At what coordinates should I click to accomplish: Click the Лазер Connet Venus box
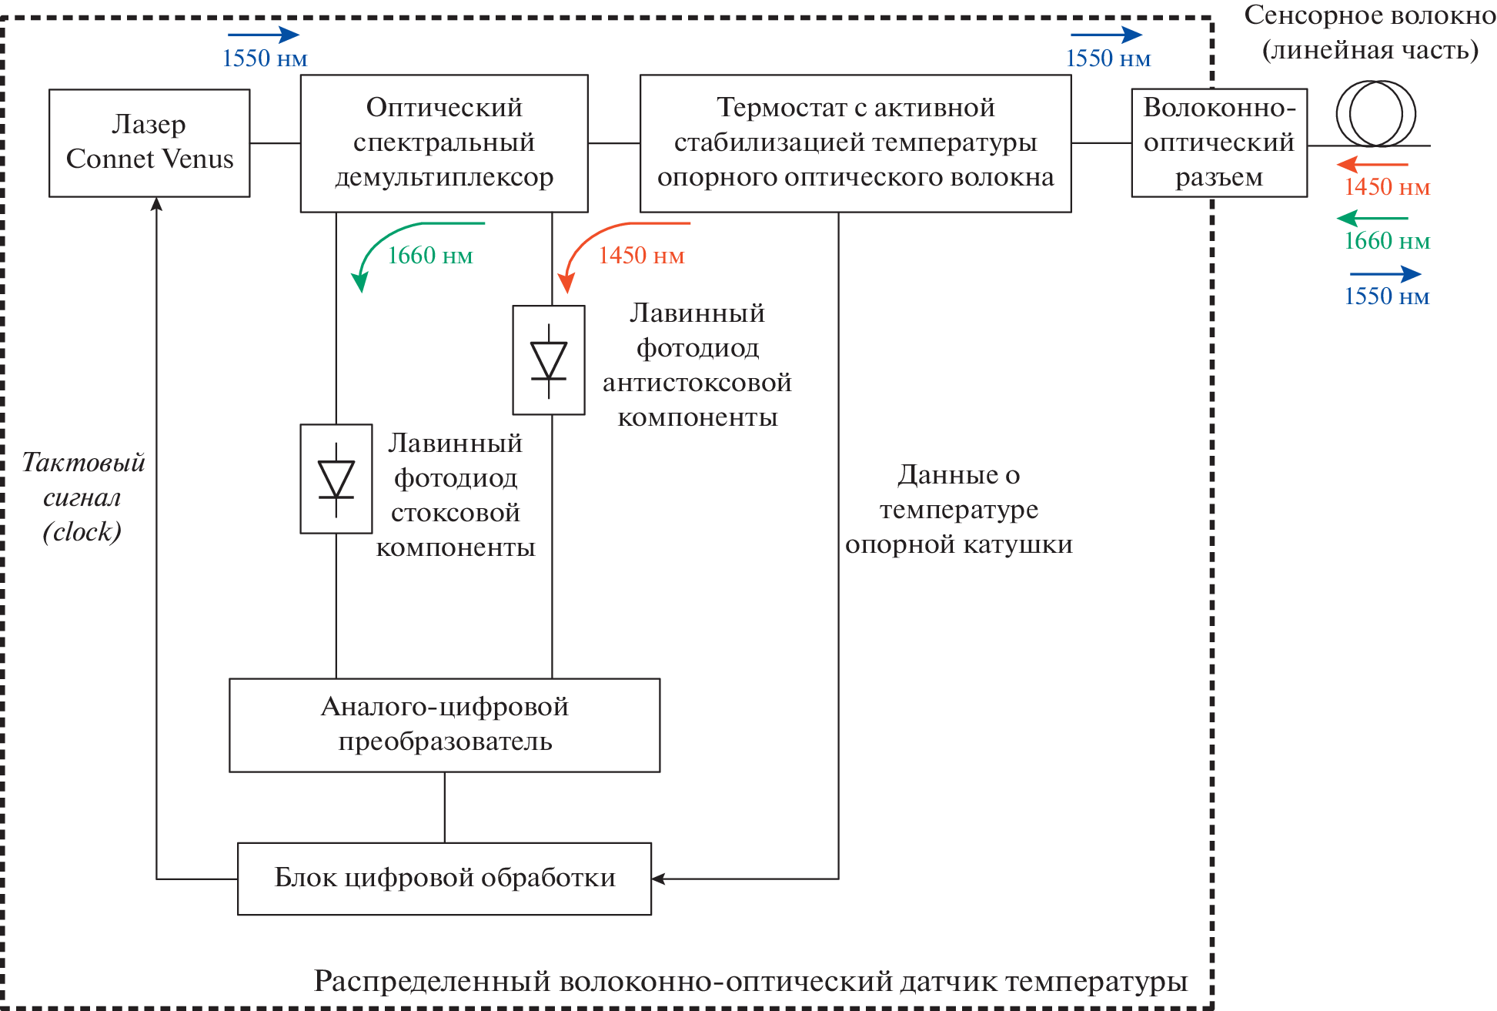pos(149,143)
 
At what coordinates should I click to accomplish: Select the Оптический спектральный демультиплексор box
pos(444,143)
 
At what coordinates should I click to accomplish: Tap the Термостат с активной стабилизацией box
pos(855,143)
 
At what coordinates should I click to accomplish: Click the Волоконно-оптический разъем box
pos(1219,143)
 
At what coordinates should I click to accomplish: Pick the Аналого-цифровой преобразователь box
pos(445,725)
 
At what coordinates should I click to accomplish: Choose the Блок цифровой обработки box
pos(445,879)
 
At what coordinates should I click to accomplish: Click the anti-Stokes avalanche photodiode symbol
pos(549,360)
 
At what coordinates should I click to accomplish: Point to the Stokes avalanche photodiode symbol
pos(336,478)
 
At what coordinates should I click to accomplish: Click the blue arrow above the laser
pos(263,35)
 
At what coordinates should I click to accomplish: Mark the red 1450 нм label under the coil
pos(1387,187)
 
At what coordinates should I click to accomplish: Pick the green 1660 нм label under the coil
pos(1387,242)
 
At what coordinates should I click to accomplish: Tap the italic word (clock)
pos(82,532)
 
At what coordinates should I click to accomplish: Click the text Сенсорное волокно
pos(1370,15)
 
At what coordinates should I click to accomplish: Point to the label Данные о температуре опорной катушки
pos(959,510)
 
